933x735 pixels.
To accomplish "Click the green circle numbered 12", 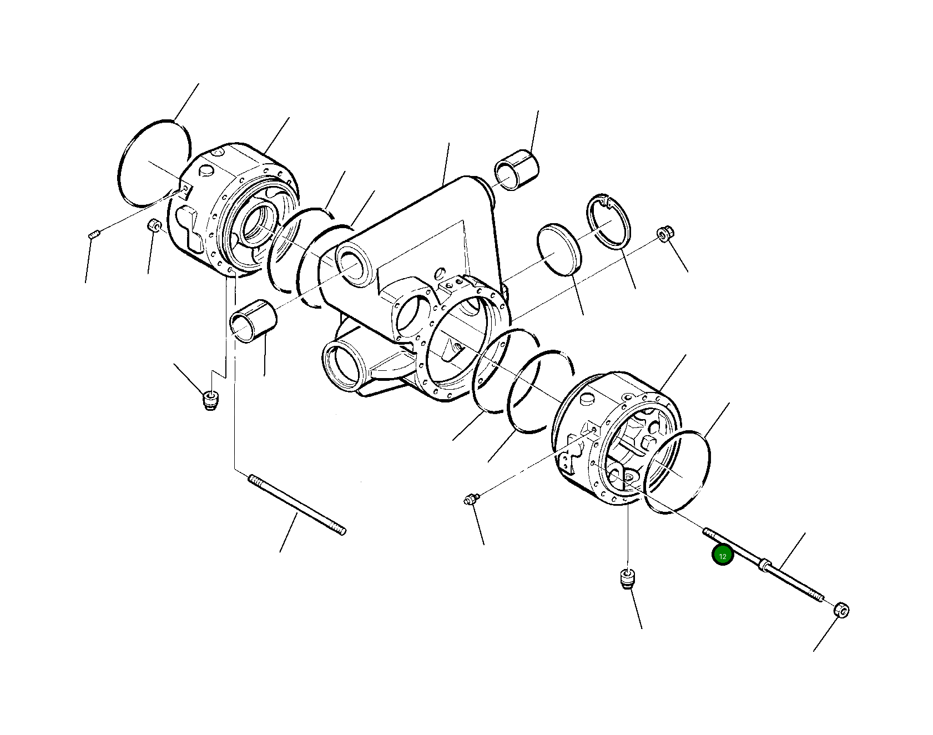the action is pos(723,555).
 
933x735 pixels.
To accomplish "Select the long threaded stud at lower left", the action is pos(298,505).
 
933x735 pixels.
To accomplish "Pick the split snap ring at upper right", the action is pos(608,223).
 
